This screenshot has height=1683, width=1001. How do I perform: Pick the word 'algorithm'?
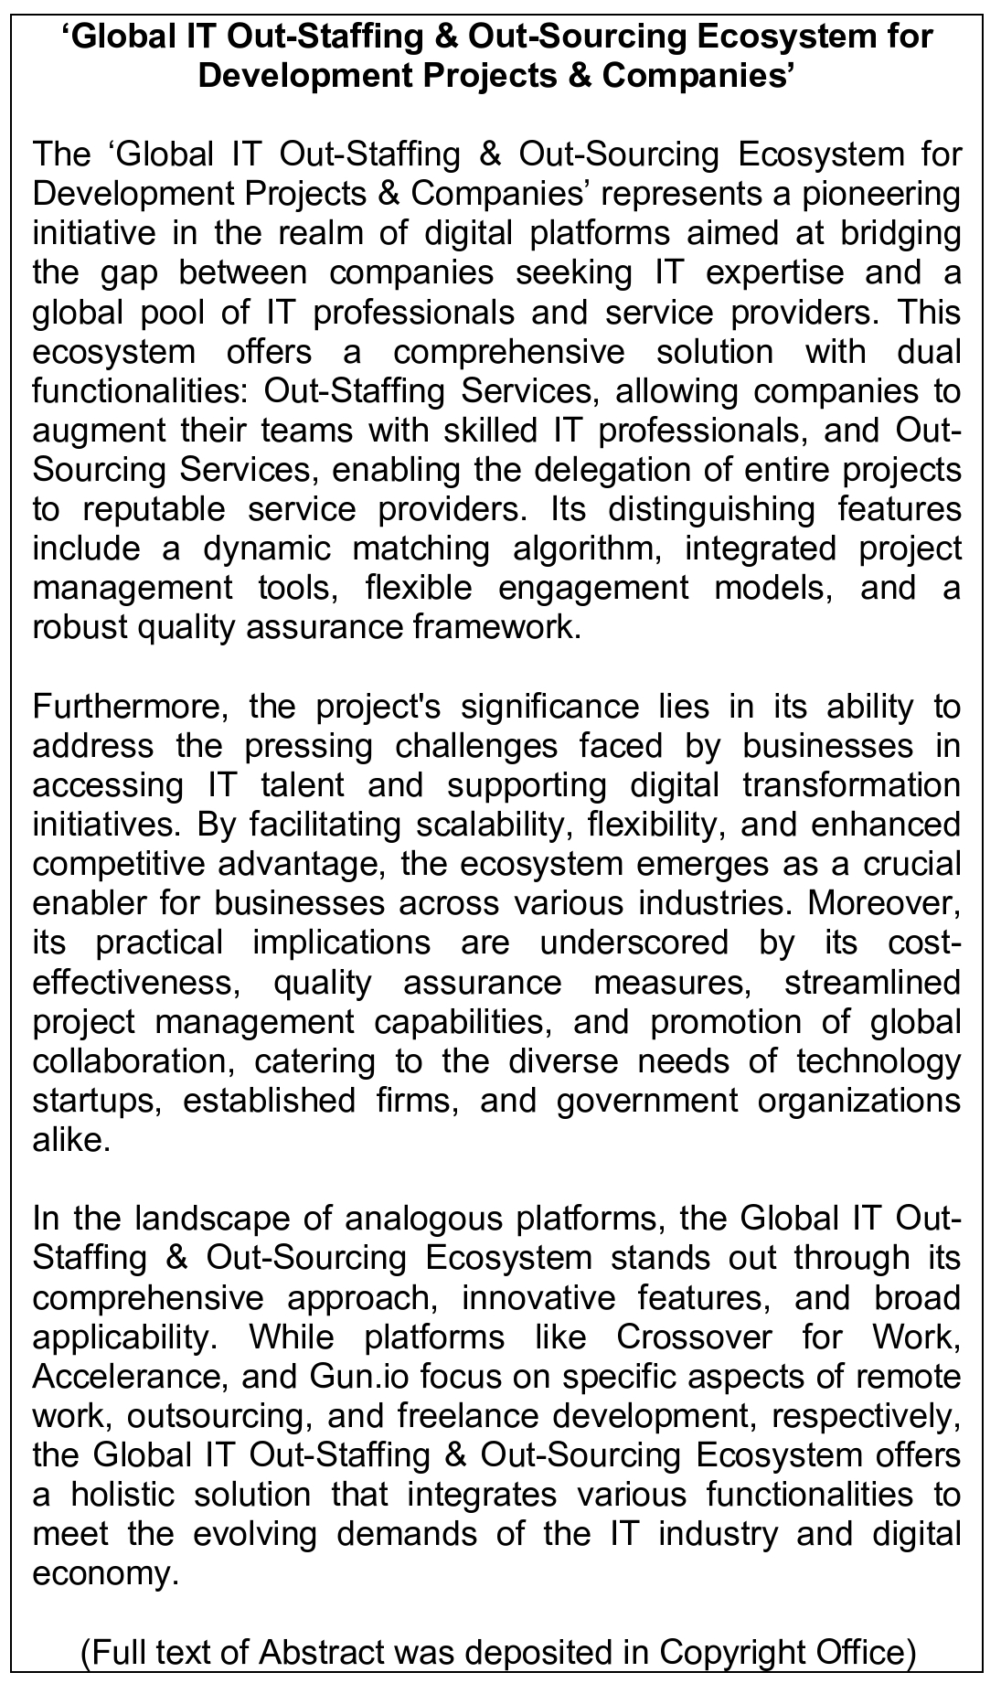[584, 549]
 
